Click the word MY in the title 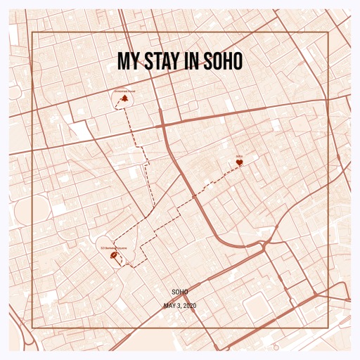(127, 61)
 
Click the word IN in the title (191, 61)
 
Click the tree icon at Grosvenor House (125, 101)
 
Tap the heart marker (239, 163)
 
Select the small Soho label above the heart (239, 156)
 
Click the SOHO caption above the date (180, 291)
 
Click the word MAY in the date (169, 306)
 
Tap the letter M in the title (123, 61)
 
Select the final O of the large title (237, 61)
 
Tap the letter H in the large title (226, 61)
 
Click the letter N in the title (195, 61)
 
